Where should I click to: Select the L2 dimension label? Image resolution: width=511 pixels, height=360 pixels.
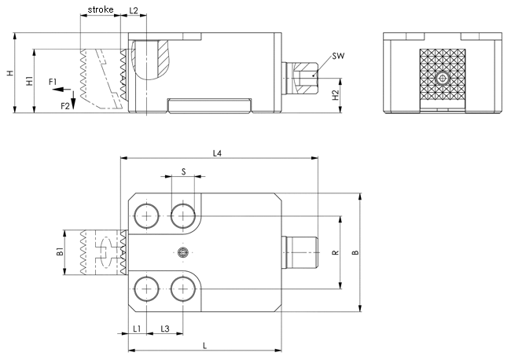pyautogui.click(x=133, y=10)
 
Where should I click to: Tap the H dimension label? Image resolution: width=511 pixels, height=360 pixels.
pyautogui.click(x=9, y=73)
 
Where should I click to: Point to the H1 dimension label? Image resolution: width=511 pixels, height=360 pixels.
pyautogui.click(x=28, y=81)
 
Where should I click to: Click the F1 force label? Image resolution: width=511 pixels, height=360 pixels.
pyautogui.click(x=52, y=82)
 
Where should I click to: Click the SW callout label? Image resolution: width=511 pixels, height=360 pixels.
pyautogui.click(x=337, y=56)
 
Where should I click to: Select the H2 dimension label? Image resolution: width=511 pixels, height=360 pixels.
pyautogui.click(x=336, y=95)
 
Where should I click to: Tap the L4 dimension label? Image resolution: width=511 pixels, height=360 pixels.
pyautogui.click(x=218, y=152)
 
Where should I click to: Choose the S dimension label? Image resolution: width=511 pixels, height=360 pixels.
pyautogui.click(x=183, y=171)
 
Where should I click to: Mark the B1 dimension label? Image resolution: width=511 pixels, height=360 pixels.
pyautogui.click(x=59, y=252)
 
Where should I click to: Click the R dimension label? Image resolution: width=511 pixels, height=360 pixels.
pyautogui.click(x=334, y=252)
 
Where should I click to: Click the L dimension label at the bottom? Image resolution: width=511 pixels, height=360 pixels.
pyautogui.click(x=204, y=345)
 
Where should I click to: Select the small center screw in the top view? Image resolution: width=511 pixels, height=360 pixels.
pyautogui.click(x=183, y=252)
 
